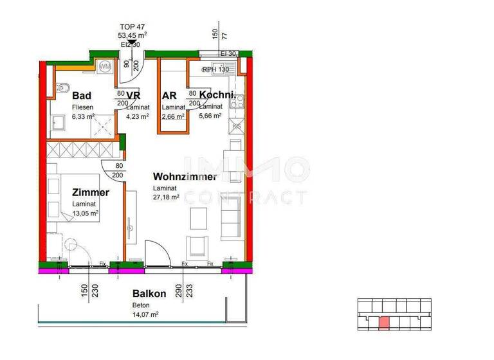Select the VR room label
(x=133, y=96)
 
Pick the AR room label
(x=169, y=96)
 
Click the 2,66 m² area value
(x=173, y=116)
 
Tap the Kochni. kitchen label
(x=221, y=96)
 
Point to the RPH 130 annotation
(x=217, y=69)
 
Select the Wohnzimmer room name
(x=185, y=177)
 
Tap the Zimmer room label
(x=90, y=192)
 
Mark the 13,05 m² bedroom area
(x=85, y=213)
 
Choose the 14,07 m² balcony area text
(x=145, y=314)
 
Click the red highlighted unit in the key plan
(x=384, y=322)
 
